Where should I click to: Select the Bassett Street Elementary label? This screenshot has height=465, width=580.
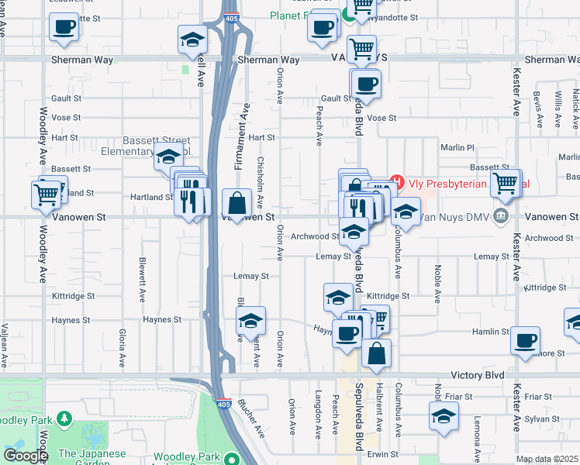155,146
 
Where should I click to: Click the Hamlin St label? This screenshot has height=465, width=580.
493,331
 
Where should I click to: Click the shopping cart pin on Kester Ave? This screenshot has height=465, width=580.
505,184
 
